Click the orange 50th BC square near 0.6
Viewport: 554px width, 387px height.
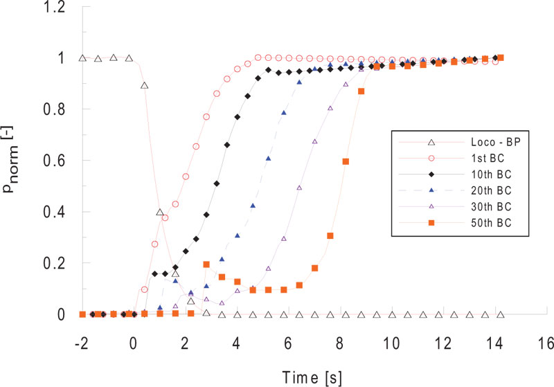(346, 161)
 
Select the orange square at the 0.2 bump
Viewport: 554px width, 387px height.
(206, 264)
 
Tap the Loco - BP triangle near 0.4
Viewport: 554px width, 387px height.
(160, 213)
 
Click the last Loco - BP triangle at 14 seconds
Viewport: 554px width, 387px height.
(501, 315)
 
